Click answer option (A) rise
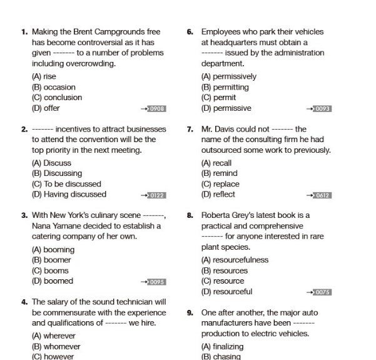click(44, 76)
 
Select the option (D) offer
click(46, 108)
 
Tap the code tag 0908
click(157, 109)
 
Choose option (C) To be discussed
click(66, 184)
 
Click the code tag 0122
click(157, 195)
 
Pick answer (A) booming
click(53, 250)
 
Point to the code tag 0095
click(157, 282)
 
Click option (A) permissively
click(228, 76)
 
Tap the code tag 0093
click(323, 109)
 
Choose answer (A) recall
click(216, 163)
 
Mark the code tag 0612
click(323, 195)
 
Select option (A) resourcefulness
click(235, 260)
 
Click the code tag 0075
click(323, 292)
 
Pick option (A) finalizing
click(222, 346)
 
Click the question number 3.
click(24, 215)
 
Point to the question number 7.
click(190, 129)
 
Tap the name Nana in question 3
click(43, 226)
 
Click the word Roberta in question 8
click(216, 215)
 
